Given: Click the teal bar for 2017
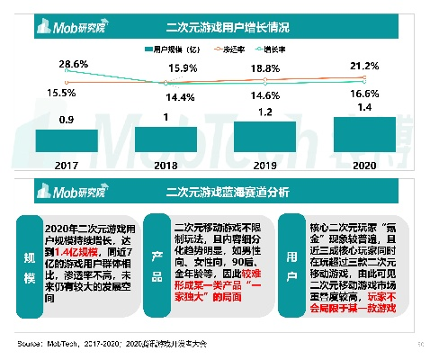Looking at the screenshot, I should pyautogui.click(x=67, y=139).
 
